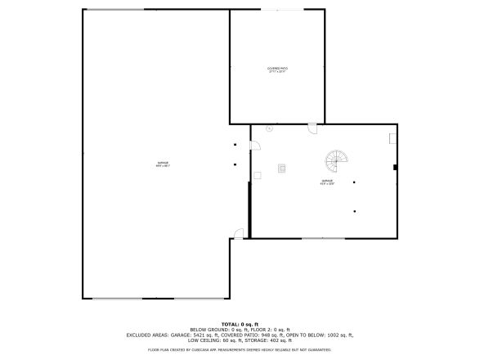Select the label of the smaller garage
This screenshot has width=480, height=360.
tap(327, 182)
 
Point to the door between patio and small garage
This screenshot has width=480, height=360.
tap(312, 128)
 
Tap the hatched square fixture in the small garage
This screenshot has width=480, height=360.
tap(282, 169)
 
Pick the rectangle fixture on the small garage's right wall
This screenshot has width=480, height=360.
tap(393, 139)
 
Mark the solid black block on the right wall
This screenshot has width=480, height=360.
tap(395, 167)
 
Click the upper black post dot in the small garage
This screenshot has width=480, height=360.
tap(354, 182)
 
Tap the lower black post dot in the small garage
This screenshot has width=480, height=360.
tap(354, 211)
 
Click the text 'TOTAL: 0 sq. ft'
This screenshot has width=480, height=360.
tap(240, 325)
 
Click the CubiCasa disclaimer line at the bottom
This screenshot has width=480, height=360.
tap(240, 349)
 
